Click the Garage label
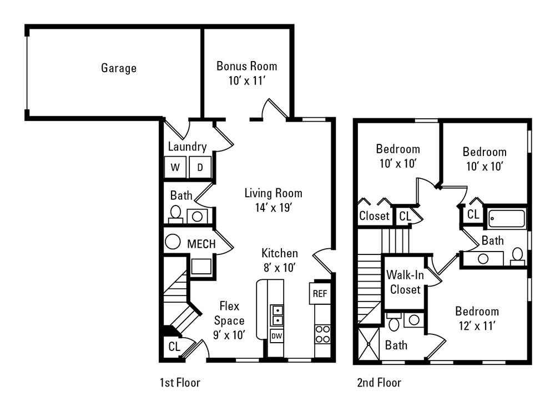point(119,68)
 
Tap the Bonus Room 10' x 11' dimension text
point(246,81)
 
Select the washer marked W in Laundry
point(175,167)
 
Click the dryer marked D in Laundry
point(200,167)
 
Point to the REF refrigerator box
point(319,294)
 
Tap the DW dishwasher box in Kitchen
point(276,335)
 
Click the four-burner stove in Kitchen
point(322,334)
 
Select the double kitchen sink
point(276,314)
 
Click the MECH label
point(201,244)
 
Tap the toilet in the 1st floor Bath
point(175,213)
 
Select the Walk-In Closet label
point(404,282)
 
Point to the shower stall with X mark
point(367,344)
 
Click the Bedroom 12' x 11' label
point(477,318)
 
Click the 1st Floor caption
point(179,383)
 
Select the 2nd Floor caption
point(380,383)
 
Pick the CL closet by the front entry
point(174,347)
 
